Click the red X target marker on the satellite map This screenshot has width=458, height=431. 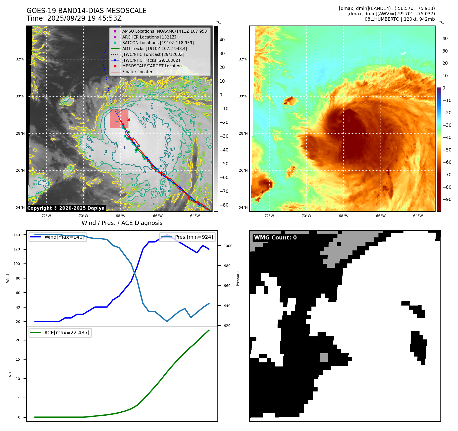(129, 120)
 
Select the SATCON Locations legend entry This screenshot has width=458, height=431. (158, 43)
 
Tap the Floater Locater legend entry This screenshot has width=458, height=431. (137, 72)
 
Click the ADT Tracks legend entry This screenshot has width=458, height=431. (154, 48)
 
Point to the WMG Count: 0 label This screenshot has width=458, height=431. (275, 238)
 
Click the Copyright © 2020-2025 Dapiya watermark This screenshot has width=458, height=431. (66, 208)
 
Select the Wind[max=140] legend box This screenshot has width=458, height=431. (58, 237)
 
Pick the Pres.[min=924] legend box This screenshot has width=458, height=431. (187, 237)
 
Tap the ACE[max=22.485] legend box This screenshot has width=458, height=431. (60, 333)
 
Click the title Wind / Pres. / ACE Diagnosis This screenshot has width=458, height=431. (122, 223)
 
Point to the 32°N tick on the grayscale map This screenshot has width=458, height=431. (20, 59)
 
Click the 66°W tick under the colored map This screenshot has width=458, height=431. (381, 216)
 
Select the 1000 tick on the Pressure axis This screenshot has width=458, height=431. (228, 246)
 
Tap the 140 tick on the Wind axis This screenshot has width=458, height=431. (17, 235)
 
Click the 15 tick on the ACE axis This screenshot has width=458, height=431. (18, 359)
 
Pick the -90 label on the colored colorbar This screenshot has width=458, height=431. (447, 199)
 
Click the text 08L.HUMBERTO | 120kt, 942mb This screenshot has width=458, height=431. (400, 19)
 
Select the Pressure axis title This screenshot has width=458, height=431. (238, 278)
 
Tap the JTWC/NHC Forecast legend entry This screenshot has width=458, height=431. (153, 54)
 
